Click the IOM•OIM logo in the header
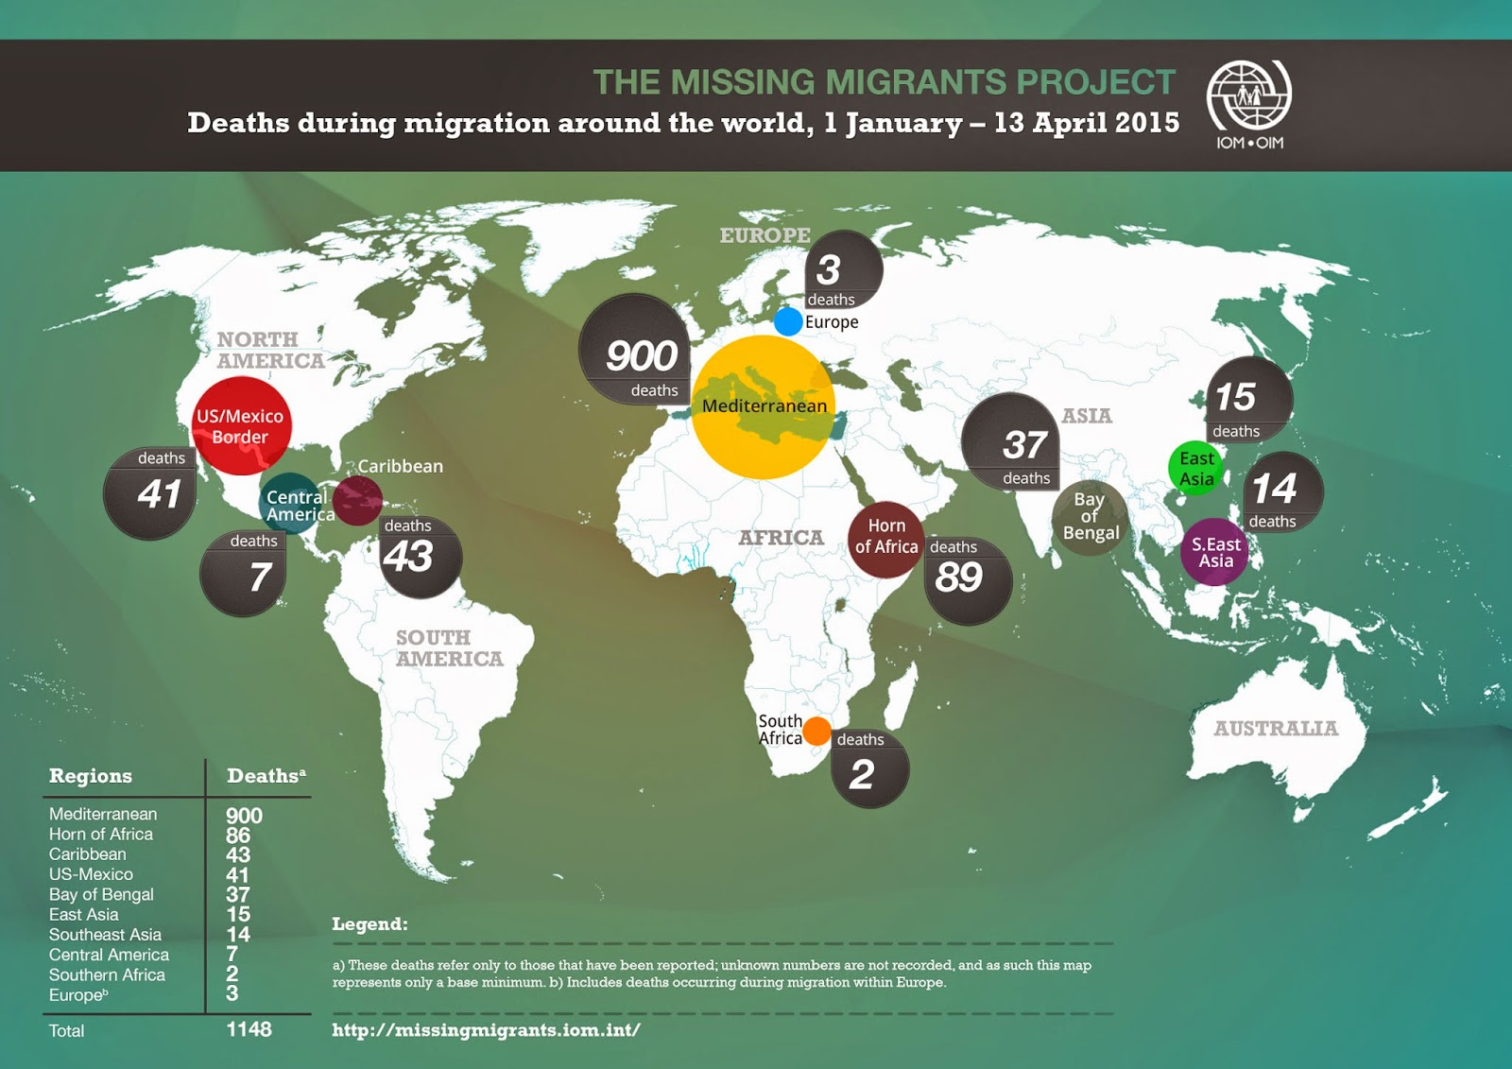pyautogui.click(x=1248, y=104)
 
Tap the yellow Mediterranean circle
pyautogui.click(x=764, y=406)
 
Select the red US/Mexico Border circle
pyautogui.click(x=241, y=425)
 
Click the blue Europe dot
pyautogui.click(x=788, y=321)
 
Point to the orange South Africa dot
pyautogui.click(x=816, y=731)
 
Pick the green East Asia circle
pyautogui.click(x=1196, y=468)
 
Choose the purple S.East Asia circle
pyautogui.click(x=1215, y=552)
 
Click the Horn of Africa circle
pyautogui.click(x=885, y=537)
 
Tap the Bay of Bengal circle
pyautogui.click(x=1090, y=516)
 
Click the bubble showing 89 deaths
pyautogui.click(x=966, y=577)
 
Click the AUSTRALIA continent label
pyautogui.click(x=1276, y=729)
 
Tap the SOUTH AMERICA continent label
pyautogui.click(x=449, y=648)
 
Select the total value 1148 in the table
pyautogui.click(x=249, y=1029)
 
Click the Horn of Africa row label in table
pyautogui.click(x=101, y=834)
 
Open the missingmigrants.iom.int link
pyautogui.click(x=486, y=1030)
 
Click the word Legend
pyautogui.click(x=369, y=924)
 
